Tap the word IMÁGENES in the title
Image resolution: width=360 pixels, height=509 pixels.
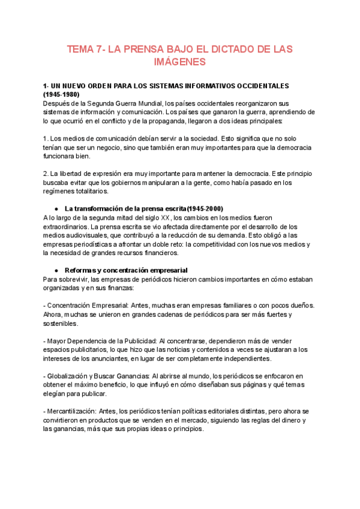(180, 62)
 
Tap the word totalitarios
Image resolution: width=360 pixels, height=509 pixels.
(89, 191)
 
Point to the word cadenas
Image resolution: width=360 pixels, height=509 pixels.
(173, 315)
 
